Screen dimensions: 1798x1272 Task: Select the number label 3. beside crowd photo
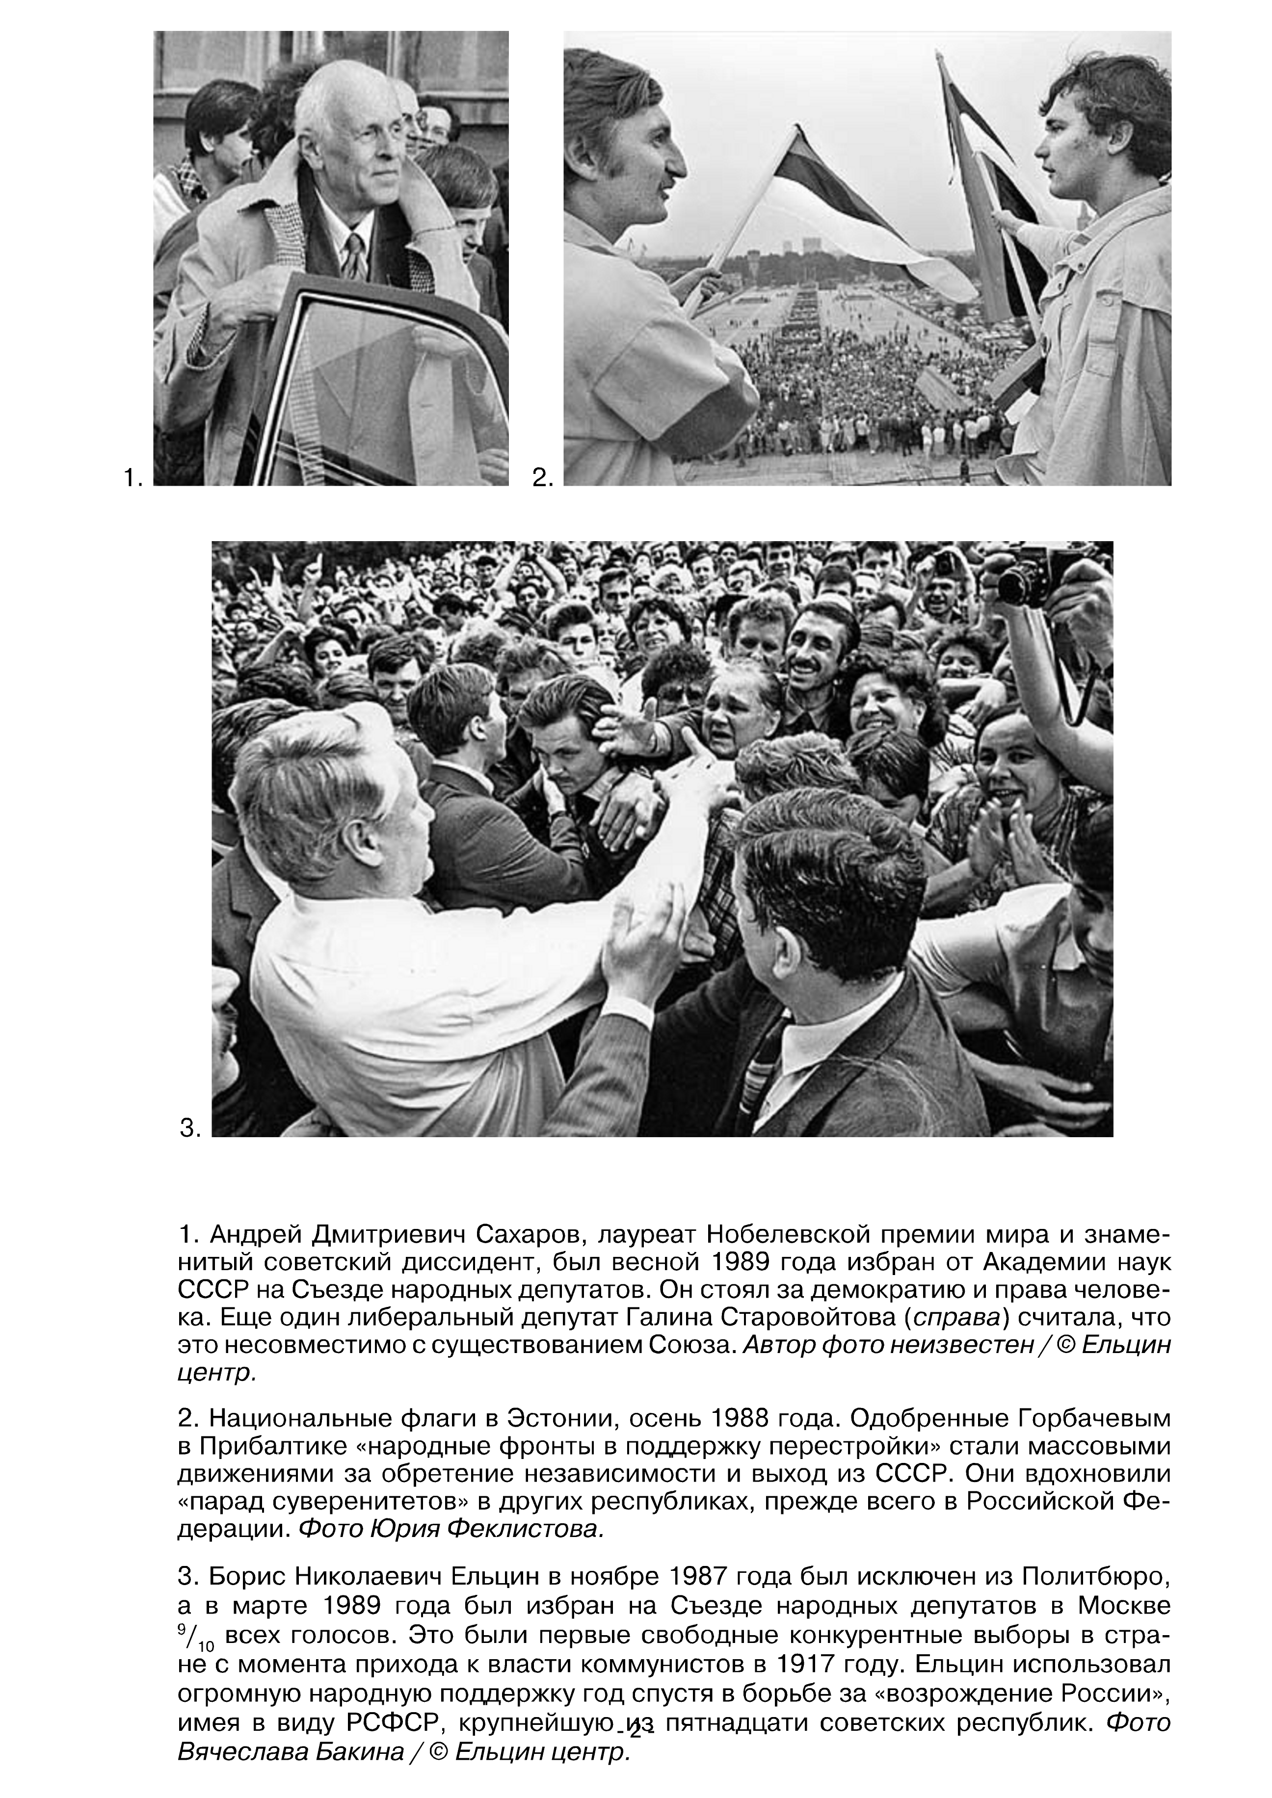click(190, 1128)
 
